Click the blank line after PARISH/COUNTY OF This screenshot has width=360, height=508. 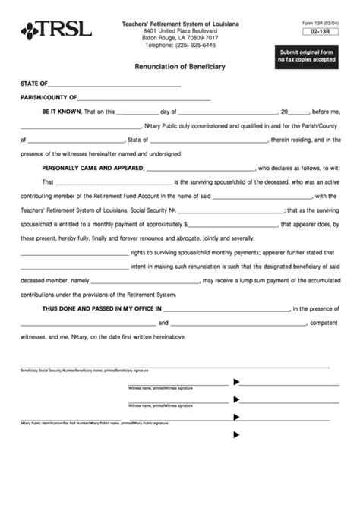[144, 99]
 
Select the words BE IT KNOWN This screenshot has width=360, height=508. [62, 112]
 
